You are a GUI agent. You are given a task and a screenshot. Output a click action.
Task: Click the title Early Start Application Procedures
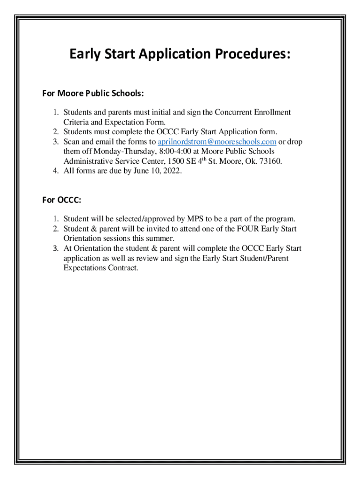pos(180,55)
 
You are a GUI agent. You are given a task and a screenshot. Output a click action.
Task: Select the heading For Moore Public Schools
pos(93,94)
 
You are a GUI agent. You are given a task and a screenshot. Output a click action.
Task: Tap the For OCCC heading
pos(62,200)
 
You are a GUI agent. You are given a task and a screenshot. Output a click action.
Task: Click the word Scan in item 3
pos(72,142)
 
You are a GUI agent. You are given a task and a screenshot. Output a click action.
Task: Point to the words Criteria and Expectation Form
pos(115,122)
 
